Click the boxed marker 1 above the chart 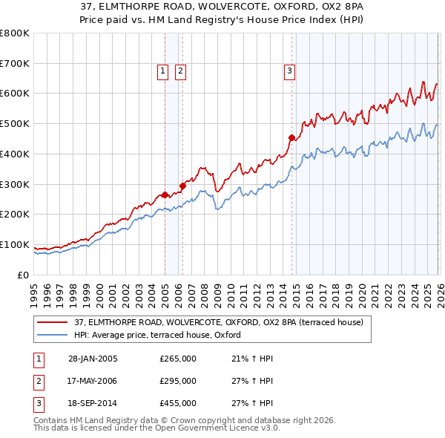click(x=162, y=71)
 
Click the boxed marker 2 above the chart click(x=179, y=71)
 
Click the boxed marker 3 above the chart click(x=289, y=71)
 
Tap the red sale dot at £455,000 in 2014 click(x=291, y=137)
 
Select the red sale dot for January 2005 click(x=165, y=195)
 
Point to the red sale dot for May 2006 click(x=182, y=186)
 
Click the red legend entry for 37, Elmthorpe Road click(x=218, y=322)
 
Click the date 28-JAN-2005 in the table click(x=93, y=359)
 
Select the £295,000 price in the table click(x=178, y=381)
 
